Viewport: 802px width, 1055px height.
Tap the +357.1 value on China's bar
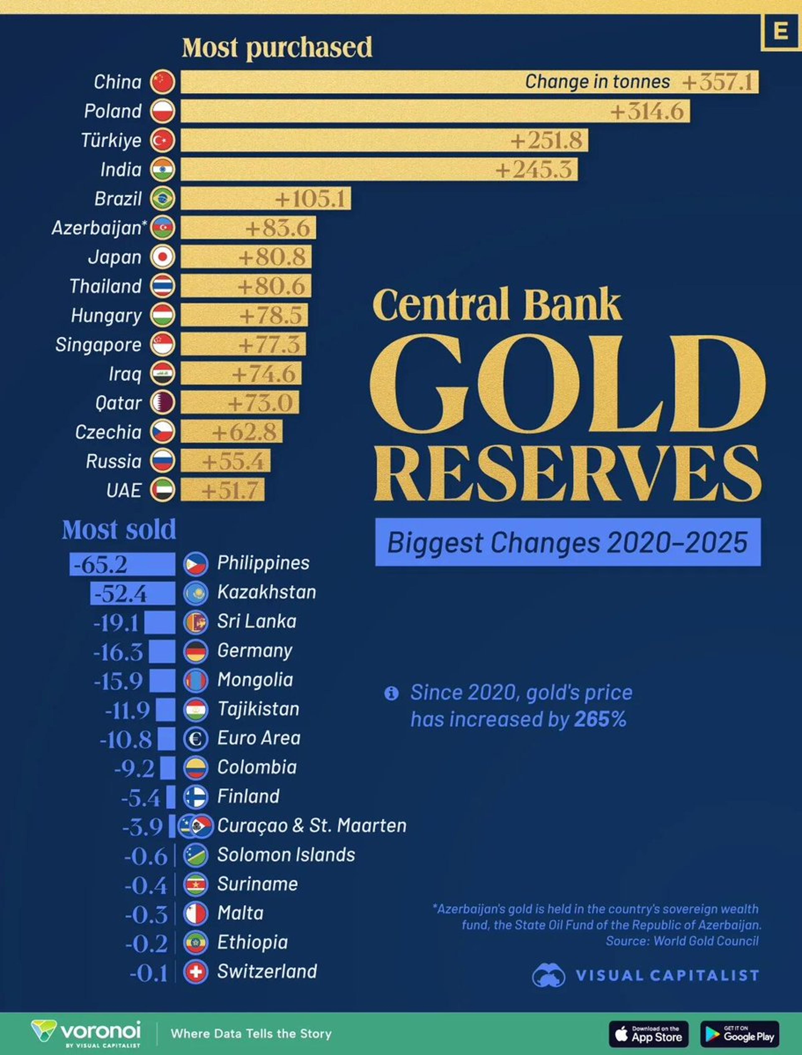[x=717, y=82]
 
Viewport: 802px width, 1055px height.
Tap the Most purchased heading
[x=277, y=48]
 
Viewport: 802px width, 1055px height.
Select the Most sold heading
[x=119, y=530]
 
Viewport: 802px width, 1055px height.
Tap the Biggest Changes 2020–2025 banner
[x=568, y=542]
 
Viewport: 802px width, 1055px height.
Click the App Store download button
[x=648, y=1034]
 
